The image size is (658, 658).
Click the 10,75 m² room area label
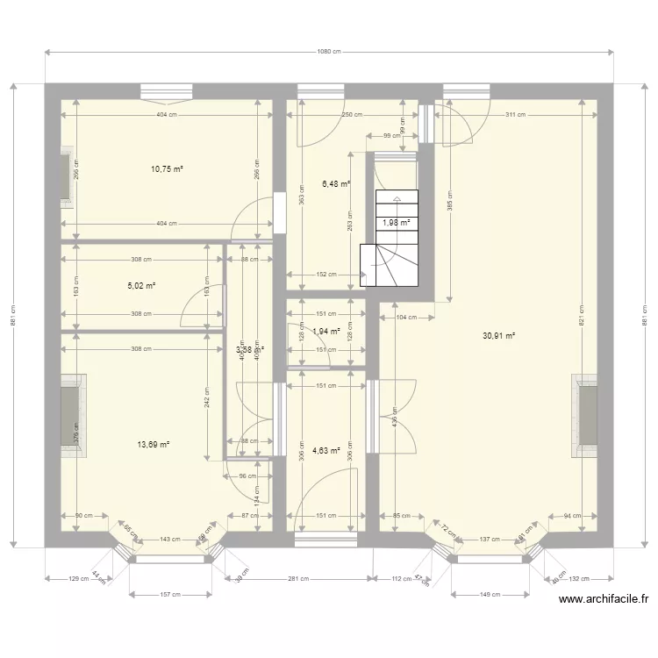tap(166, 169)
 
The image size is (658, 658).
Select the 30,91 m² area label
tap(498, 334)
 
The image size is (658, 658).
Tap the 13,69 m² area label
tap(153, 445)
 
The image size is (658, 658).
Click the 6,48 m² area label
tap(336, 184)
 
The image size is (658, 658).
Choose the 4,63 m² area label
tap(325, 451)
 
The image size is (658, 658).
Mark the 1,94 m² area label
tap(325, 331)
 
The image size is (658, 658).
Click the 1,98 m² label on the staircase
tap(396, 223)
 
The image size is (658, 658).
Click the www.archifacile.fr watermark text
tap(604, 600)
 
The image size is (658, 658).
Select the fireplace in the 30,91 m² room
tap(586, 416)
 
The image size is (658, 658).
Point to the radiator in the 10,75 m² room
tap(66, 180)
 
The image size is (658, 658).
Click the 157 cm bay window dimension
tap(171, 595)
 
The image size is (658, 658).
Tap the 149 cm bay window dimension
tap(490, 595)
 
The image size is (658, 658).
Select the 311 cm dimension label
tap(515, 115)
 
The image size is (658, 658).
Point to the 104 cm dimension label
tap(405, 316)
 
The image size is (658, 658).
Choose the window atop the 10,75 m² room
tap(167, 90)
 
